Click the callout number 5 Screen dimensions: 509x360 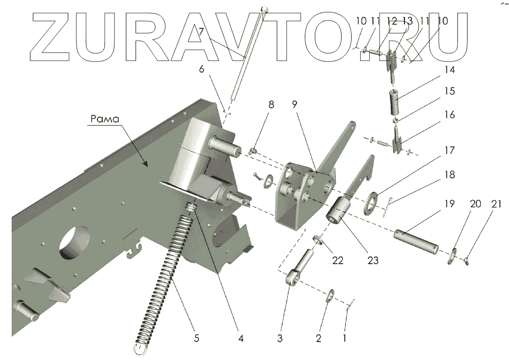coord(196,339)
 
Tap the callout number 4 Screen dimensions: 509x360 coord(241,339)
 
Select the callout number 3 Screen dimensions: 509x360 coord(280,339)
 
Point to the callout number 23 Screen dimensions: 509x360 coord(373,260)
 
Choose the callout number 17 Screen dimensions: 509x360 coord(448,151)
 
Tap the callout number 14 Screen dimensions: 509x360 coord(448,70)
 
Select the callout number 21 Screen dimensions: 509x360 coord(497,204)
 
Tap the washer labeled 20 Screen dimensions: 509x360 coord(452,255)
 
